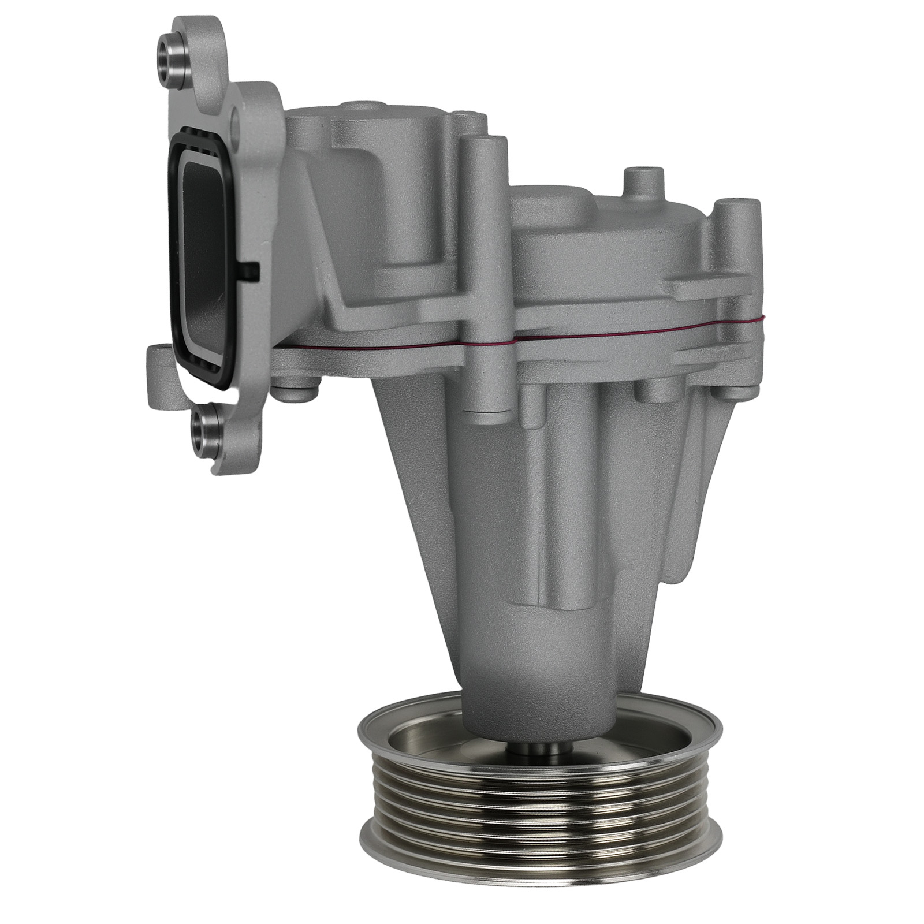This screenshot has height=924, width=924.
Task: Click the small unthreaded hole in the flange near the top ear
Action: [x=235, y=122]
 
